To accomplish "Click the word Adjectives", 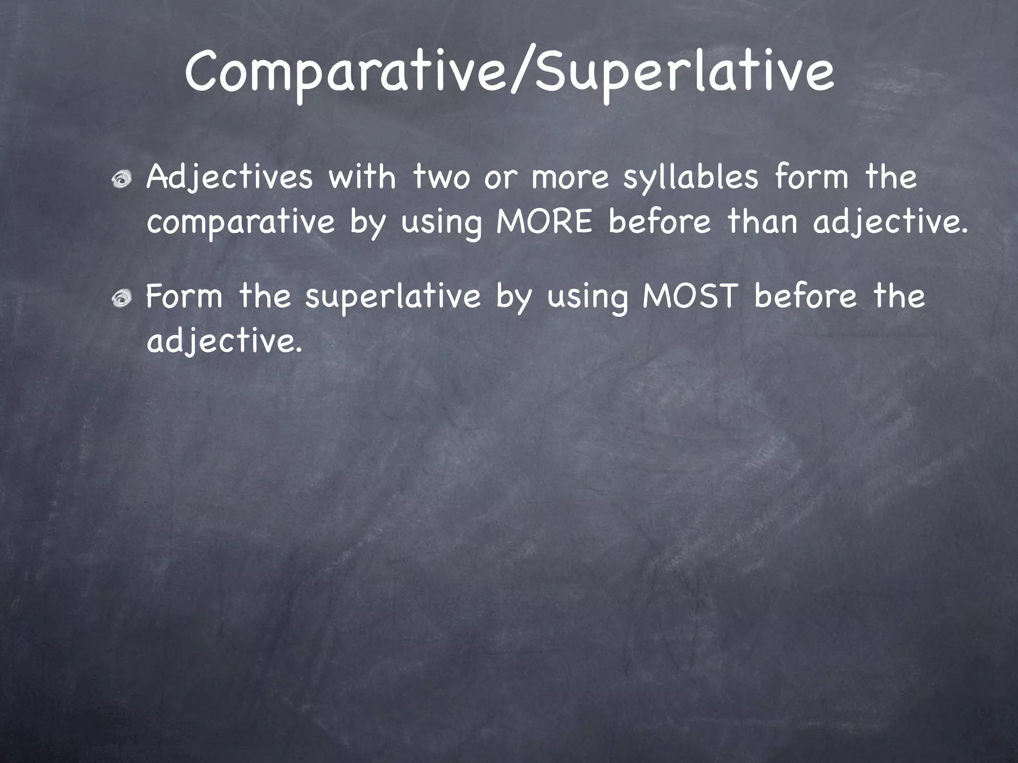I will (230, 177).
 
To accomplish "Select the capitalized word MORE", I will (545, 222).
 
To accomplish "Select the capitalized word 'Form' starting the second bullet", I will (184, 297).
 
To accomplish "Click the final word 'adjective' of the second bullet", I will (223, 342).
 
